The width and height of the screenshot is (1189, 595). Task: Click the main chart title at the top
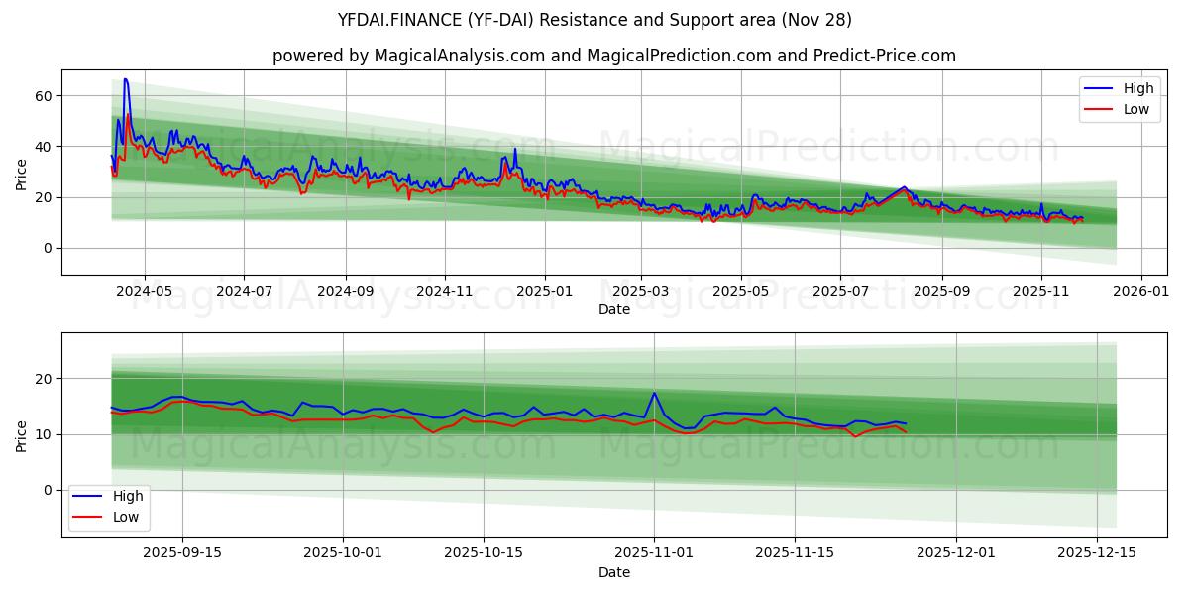point(594,20)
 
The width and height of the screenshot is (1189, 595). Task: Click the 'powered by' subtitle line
point(614,56)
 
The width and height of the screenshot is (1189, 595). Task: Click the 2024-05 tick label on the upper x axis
point(145,292)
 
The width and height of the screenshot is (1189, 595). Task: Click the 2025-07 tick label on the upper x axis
point(840,292)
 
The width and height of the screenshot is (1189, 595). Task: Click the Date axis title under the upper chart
point(614,309)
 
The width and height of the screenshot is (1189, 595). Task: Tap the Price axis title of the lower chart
point(22,434)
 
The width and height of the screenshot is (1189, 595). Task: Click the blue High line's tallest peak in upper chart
point(125,79)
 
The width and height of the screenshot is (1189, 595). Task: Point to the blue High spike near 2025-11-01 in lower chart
point(654,393)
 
